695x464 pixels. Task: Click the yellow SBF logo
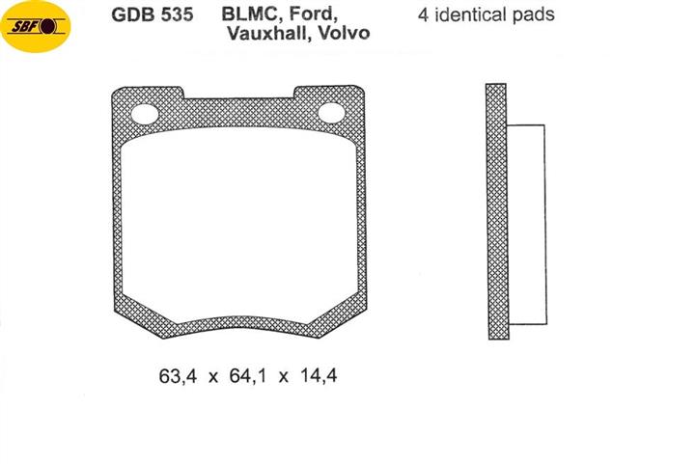coord(36,27)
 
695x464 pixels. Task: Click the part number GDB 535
coord(153,14)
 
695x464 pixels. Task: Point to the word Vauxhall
coord(268,33)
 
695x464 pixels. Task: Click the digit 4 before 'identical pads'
coord(423,15)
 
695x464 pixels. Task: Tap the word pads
coord(534,16)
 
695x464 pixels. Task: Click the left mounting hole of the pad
coord(145,114)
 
